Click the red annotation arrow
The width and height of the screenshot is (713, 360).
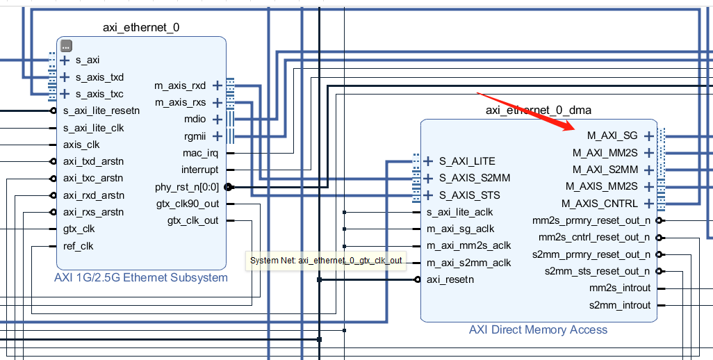point(525,111)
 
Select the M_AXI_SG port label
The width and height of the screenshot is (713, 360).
point(612,136)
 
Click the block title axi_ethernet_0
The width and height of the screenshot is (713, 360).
point(141,28)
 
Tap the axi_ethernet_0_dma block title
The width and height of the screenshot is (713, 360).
point(539,111)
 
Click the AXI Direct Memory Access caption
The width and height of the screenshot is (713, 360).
point(538,329)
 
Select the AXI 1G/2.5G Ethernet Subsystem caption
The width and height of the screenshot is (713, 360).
point(141,277)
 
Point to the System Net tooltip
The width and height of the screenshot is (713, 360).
point(326,260)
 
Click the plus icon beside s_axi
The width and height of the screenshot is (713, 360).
point(65,60)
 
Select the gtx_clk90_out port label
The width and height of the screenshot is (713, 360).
point(187,204)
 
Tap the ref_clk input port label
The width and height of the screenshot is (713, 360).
point(78,246)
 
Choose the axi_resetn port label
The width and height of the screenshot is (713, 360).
point(450,279)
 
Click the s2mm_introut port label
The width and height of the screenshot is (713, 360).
point(620,305)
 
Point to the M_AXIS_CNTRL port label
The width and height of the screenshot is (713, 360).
point(602,204)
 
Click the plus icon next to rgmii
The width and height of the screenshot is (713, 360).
point(217,136)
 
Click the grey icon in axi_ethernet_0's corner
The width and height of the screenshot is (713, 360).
point(66,46)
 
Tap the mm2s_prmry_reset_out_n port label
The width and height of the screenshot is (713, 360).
point(591,220)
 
